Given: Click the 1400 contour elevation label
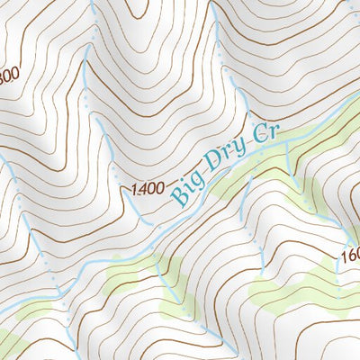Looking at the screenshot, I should (148, 189).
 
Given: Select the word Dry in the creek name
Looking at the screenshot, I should (227, 159).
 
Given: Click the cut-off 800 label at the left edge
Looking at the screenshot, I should (9, 75).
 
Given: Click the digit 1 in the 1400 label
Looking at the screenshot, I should (135, 189).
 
